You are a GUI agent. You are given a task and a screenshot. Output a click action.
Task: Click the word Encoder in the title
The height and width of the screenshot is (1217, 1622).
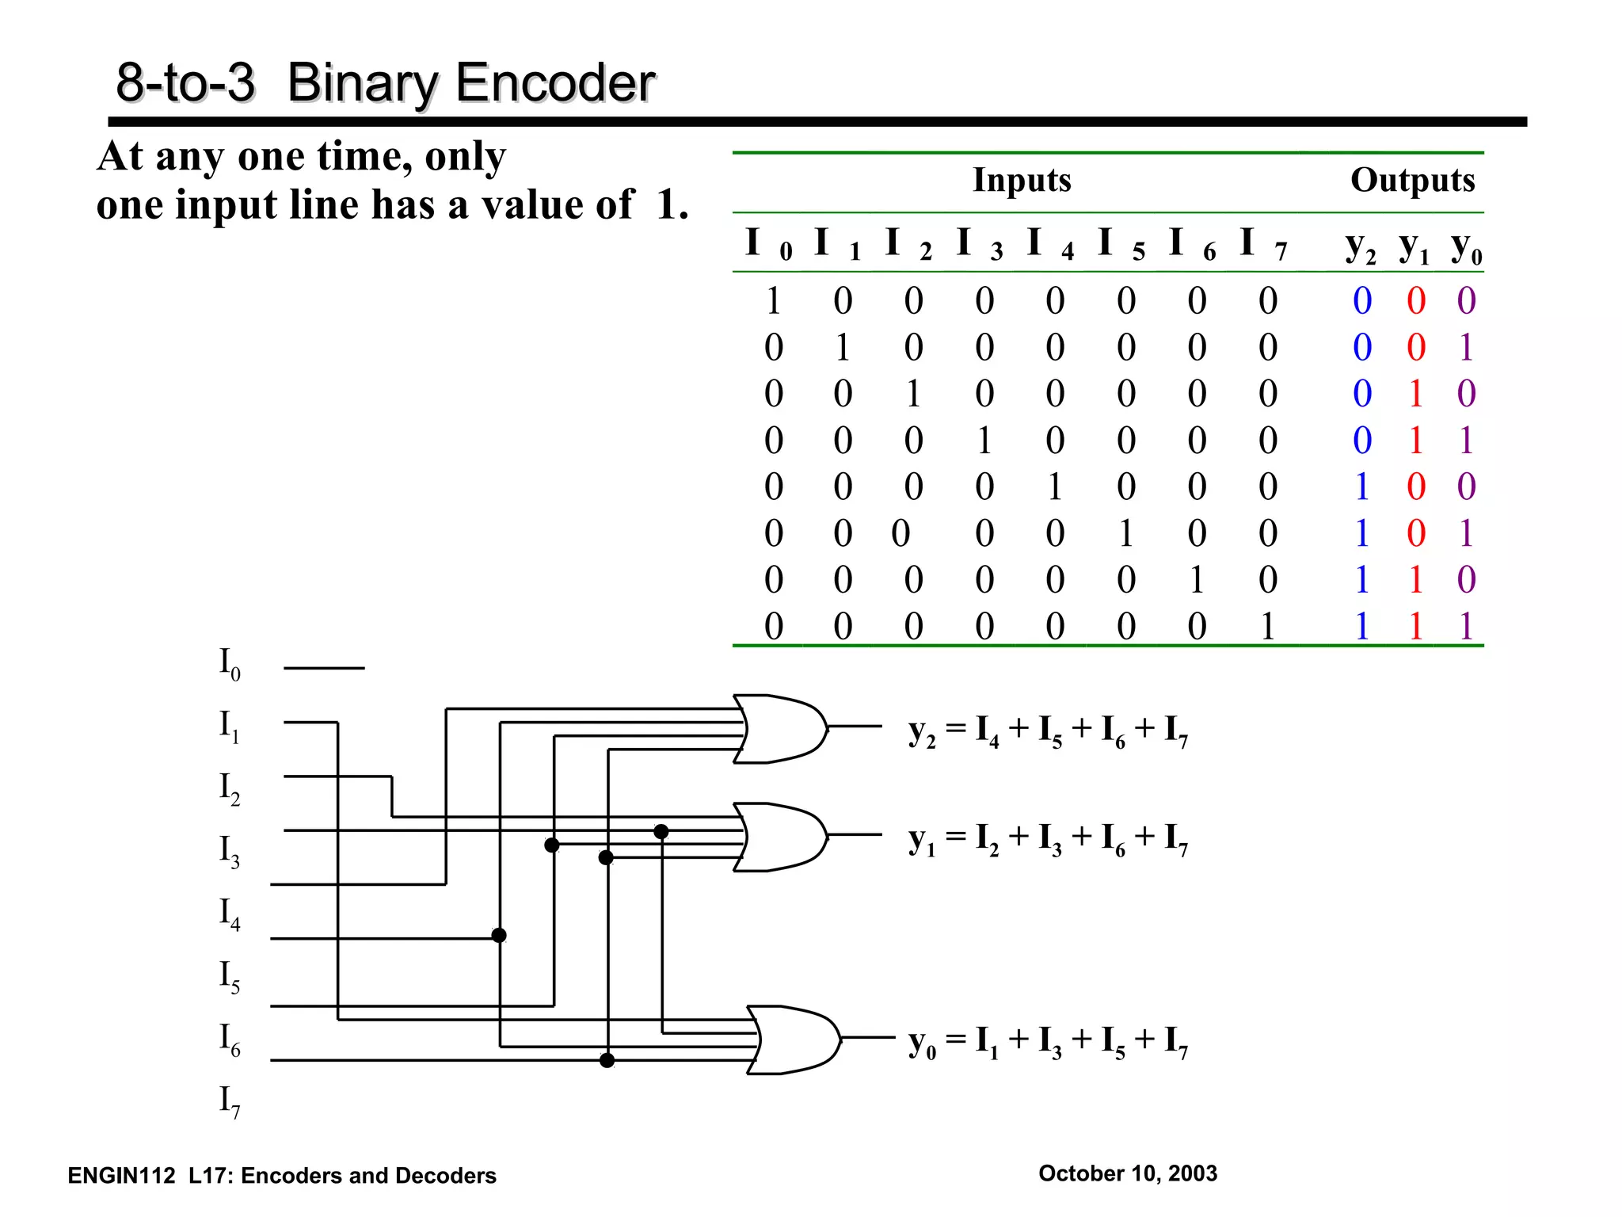pyautogui.click(x=550, y=83)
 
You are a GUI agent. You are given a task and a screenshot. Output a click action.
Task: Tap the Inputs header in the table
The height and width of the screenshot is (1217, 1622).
pyautogui.click(x=1021, y=180)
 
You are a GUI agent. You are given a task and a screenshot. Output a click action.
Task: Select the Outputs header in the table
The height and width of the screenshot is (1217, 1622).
pyautogui.click(x=1412, y=180)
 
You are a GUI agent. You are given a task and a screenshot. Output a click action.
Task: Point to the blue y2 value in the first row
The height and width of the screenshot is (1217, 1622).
pyautogui.click(x=1361, y=301)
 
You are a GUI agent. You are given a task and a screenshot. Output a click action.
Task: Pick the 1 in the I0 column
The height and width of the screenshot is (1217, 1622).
pyautogui.click(x=773, y=301)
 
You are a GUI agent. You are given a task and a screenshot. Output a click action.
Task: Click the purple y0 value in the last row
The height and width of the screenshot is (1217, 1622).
pyautogui.click(x=1466, y=627)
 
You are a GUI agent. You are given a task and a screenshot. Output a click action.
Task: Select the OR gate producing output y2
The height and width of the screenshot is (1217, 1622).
pyautogui.click(x=779, y=729)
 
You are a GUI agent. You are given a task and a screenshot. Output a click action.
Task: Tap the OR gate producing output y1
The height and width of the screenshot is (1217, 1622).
pyautogui.click(x=779, y=837)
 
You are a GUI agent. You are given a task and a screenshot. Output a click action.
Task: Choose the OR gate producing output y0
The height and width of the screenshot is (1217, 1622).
pyautogui.click(x=793, y=1040)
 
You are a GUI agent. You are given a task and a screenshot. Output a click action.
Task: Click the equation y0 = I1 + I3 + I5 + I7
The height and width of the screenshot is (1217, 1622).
pyautogui.click(x=1047, y=1042)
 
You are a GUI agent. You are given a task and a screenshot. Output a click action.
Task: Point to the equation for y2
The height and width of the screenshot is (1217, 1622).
pyautogui.click(x=1047, y=731)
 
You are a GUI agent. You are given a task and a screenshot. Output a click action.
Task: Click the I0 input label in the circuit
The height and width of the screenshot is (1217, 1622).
pyautogui.click(x=229, y=664)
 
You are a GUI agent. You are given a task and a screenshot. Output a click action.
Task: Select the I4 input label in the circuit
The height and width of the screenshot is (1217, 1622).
pyautogui.click(x=229, y=914)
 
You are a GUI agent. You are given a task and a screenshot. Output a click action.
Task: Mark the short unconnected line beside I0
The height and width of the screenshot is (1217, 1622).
pyautogui.click(x=324, y=668)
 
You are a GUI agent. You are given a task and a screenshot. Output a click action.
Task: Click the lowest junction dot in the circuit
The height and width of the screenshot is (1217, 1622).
pyautogui.click(x=607, y=1060)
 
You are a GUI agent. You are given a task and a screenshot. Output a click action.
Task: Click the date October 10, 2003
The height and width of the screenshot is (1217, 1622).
pyautogui.click(x=1127, y=1173)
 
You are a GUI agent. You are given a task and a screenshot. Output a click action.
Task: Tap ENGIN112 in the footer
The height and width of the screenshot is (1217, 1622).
pyautogui.click(x=121, y=1176)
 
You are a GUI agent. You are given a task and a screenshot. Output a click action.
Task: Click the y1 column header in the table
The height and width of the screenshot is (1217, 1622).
pyautogui.click(x=1413, y=247)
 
